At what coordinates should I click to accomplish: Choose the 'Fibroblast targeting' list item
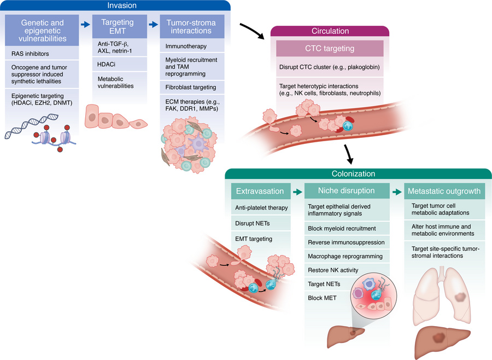[190, 87]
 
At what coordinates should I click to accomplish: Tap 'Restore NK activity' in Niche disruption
[333, 269]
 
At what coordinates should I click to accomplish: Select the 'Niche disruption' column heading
[346, 191]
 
